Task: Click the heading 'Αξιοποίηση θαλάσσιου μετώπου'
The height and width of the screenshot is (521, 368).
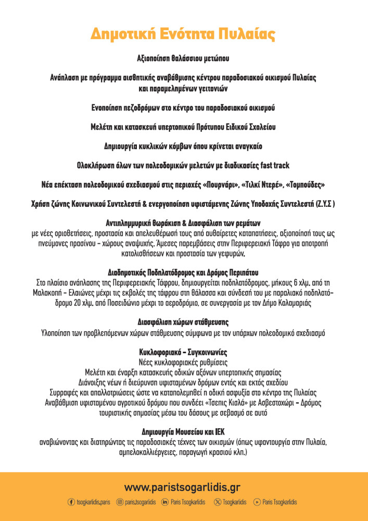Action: coord(184,58)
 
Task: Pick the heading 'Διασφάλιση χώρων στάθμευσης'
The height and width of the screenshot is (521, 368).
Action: coord(183,322)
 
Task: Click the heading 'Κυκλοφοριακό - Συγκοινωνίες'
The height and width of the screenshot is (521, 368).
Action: coord(184,353)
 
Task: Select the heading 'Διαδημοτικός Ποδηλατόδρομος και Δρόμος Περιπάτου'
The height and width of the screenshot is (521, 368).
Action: coord(183,272)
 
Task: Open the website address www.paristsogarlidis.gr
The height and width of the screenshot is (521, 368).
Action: coord(182,488)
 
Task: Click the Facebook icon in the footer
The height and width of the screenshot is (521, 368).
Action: coord(71,502)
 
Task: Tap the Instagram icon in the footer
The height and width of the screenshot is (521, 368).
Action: coord(120,502)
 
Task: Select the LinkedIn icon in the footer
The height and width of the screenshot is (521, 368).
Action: coord(165,502)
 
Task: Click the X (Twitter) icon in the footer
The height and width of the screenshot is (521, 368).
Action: coord(217,502)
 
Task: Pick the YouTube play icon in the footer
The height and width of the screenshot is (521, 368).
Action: coord(257,502)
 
